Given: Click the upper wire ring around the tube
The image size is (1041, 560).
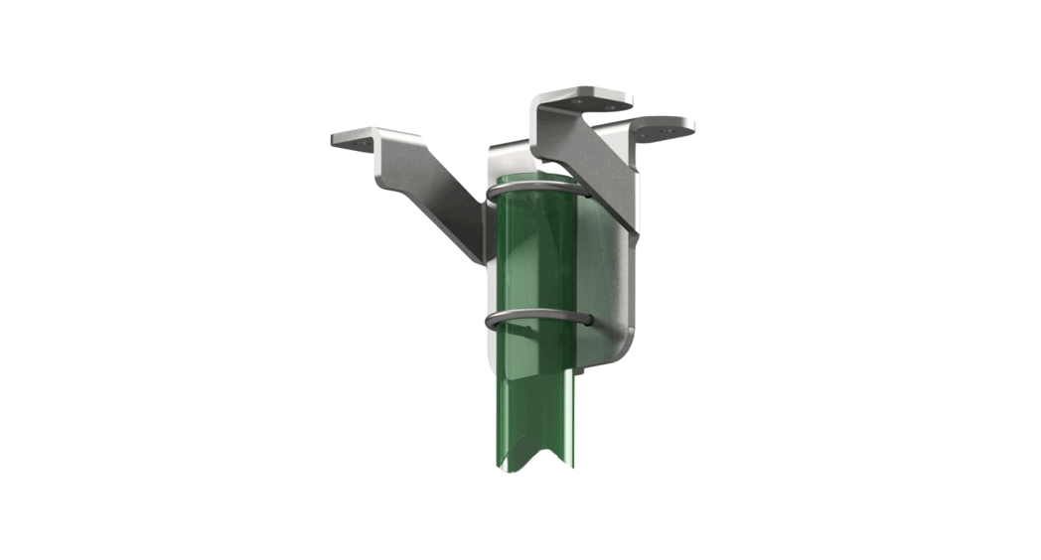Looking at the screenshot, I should pyautogui.click(x=536, y=186).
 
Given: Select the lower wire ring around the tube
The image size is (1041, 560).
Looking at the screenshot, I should pyautogui.click(x=536, y=316).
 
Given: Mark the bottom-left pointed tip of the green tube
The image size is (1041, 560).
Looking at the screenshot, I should pyautogui.click(x=502, y=463).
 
